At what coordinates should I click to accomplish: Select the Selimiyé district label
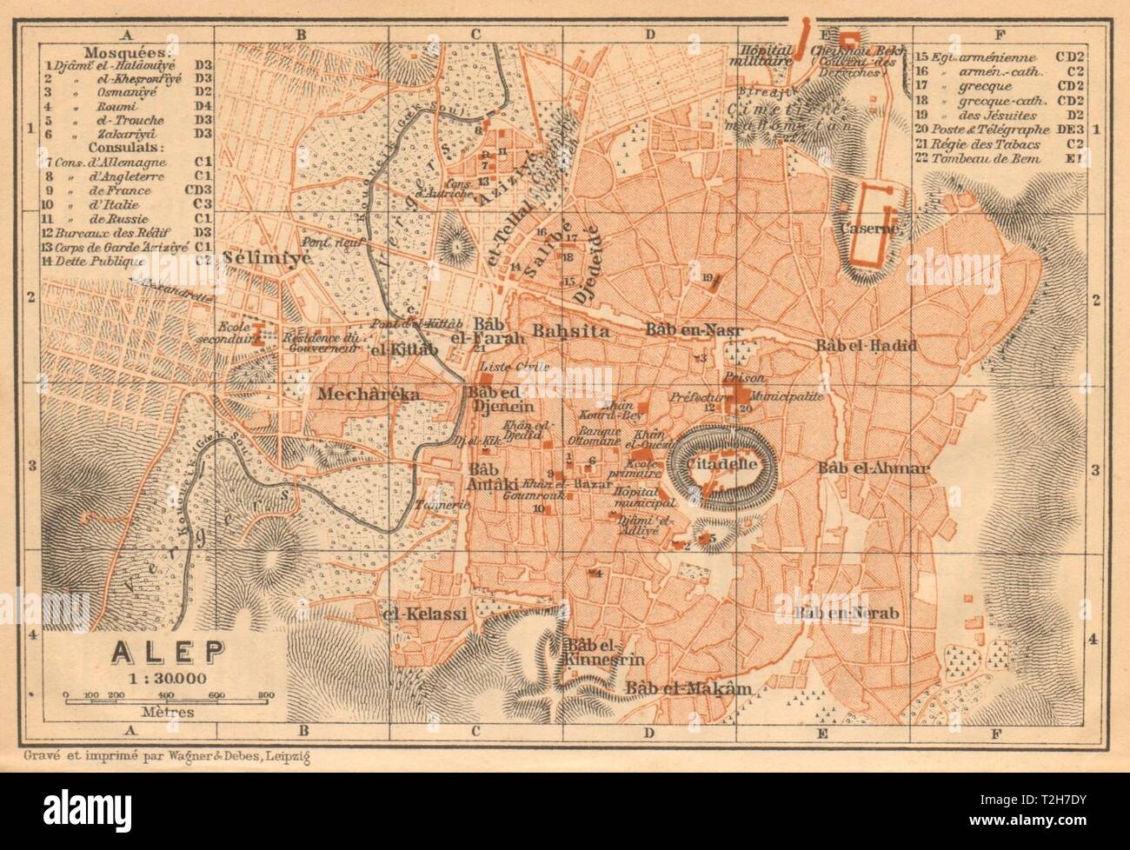point(257,258)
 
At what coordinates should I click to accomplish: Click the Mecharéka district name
point(369,394)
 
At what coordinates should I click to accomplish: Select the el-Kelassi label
point(425,614)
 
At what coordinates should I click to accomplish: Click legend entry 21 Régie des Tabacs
point(980,143)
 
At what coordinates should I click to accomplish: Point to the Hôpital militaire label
point(765,56)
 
